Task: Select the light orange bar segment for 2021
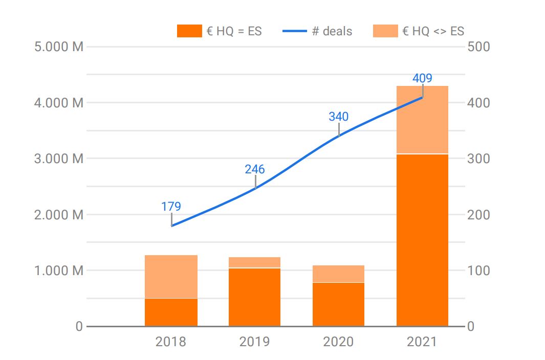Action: [422, 120]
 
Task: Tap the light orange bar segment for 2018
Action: [171, 276]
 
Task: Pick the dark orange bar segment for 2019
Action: [254, 297]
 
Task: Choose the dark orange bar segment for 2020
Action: [338, 304]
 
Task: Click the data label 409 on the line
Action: [422, 78]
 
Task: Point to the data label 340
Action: [338, 117]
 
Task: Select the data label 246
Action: [254, 169]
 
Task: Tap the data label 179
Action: [171, 207]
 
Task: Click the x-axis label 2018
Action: [171, 342]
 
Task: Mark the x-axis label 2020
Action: [338, 342]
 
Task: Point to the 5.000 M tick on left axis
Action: [58, 47]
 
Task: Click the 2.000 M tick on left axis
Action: [58, 215]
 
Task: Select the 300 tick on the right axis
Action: [478, 159]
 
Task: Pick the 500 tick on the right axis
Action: [478, 47]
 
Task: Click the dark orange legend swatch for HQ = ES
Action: [189, 31]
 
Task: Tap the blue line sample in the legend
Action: [295, 31]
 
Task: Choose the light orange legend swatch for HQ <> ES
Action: [385, 31]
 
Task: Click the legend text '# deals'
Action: [332, 31]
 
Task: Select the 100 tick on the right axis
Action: [478, 271]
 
